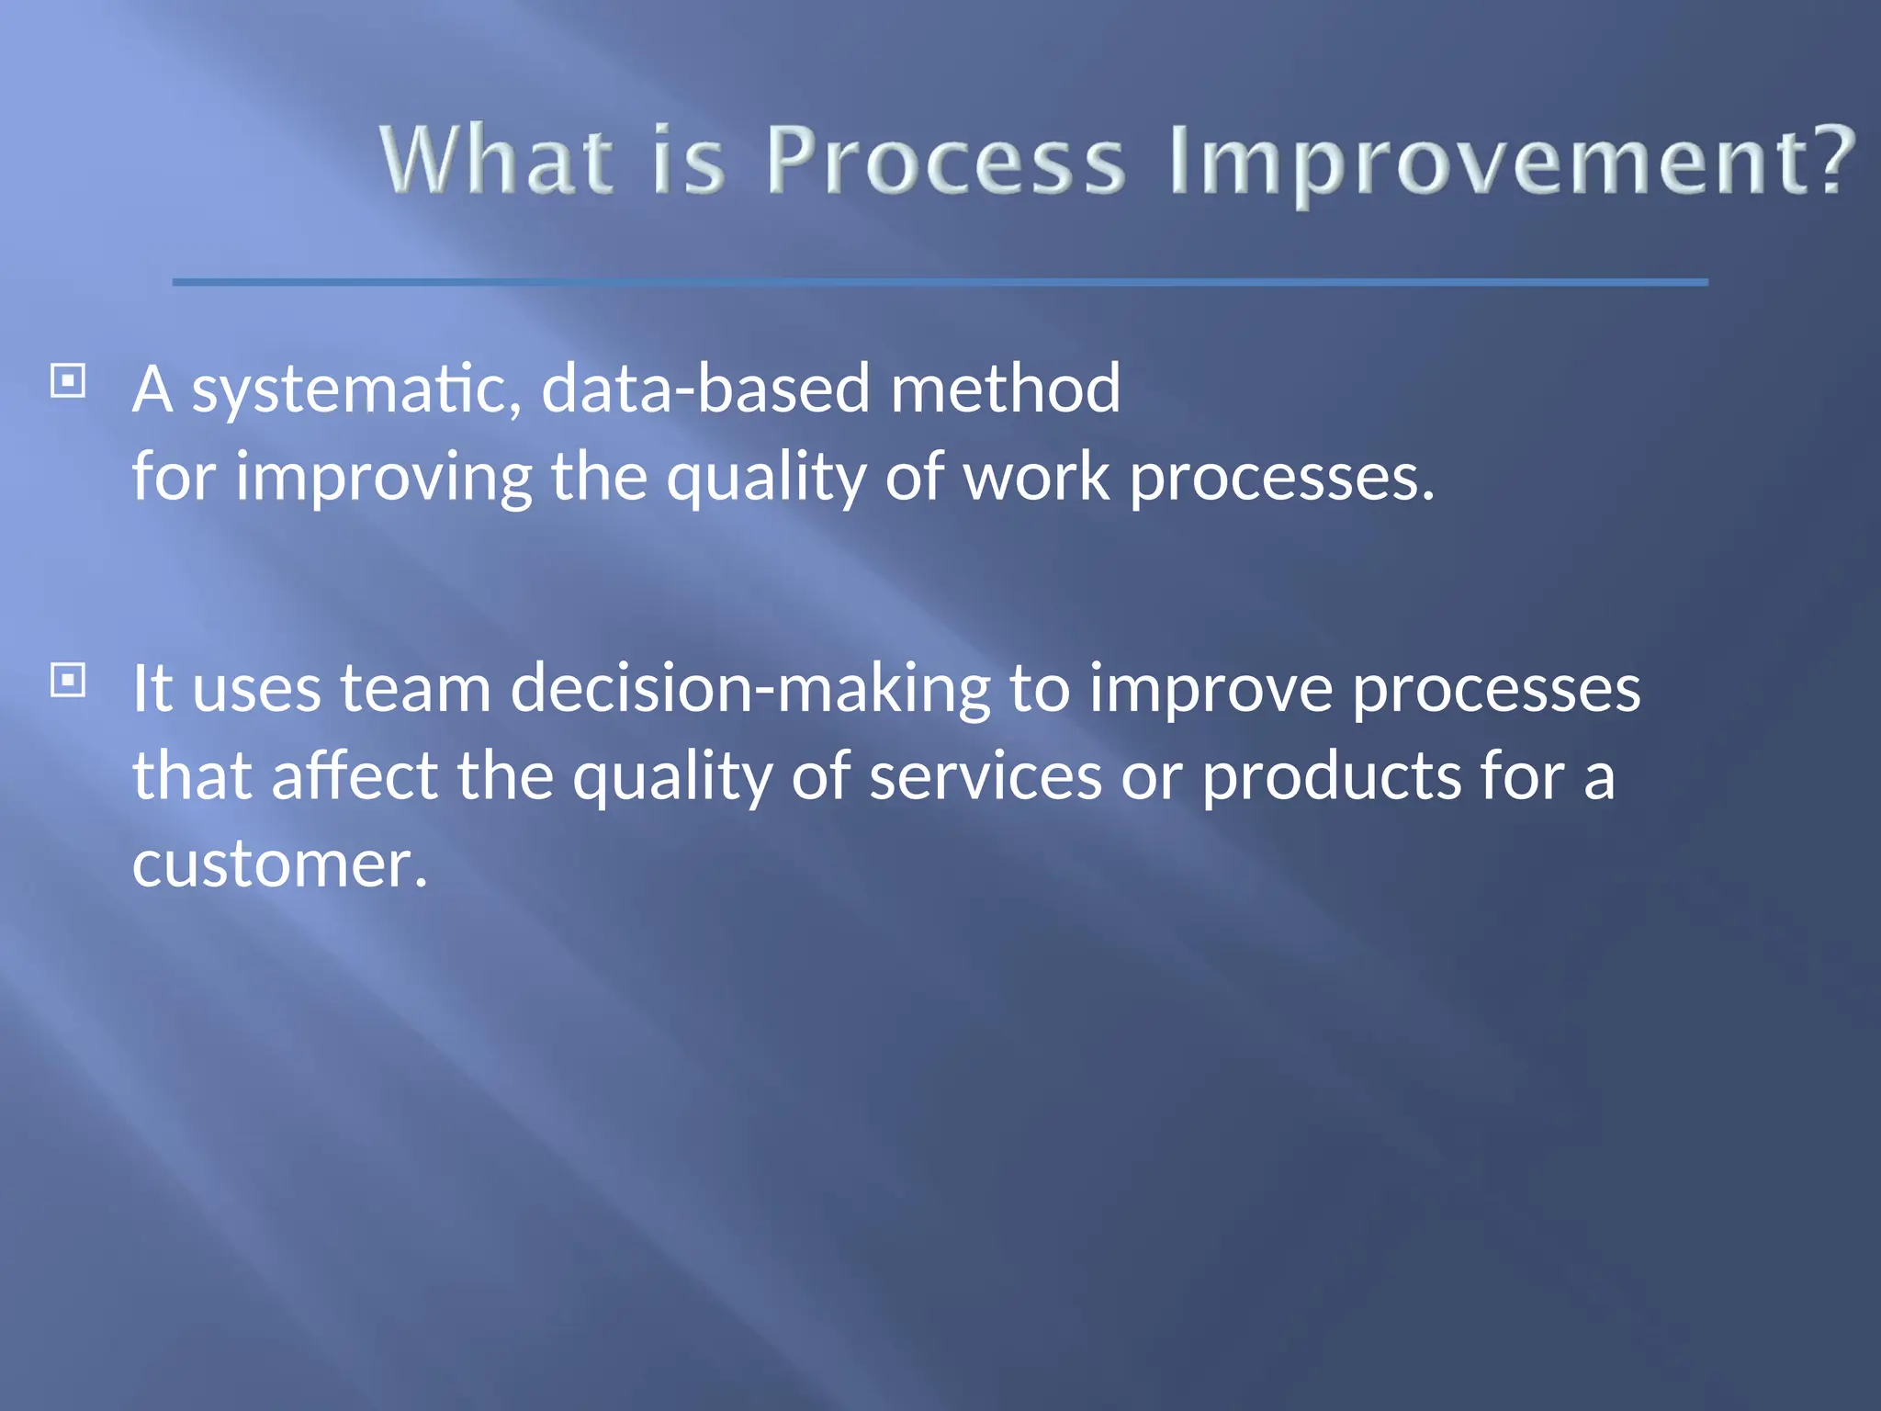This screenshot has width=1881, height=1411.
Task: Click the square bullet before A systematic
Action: coord(68,380)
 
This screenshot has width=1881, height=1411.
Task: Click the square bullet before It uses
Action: coord(68,681)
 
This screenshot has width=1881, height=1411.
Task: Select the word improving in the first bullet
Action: coord(384,478)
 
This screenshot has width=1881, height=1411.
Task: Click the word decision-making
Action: coord(749,689)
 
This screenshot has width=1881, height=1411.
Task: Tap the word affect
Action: coord(355,775)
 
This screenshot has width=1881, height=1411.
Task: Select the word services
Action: coord(985,775)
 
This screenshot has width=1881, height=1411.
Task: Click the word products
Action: coord(1330,777)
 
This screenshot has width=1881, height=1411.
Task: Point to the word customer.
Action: coord(279,864)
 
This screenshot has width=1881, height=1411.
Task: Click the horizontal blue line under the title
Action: coord(940,282)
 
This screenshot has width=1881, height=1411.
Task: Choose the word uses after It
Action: coord(256,689)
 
